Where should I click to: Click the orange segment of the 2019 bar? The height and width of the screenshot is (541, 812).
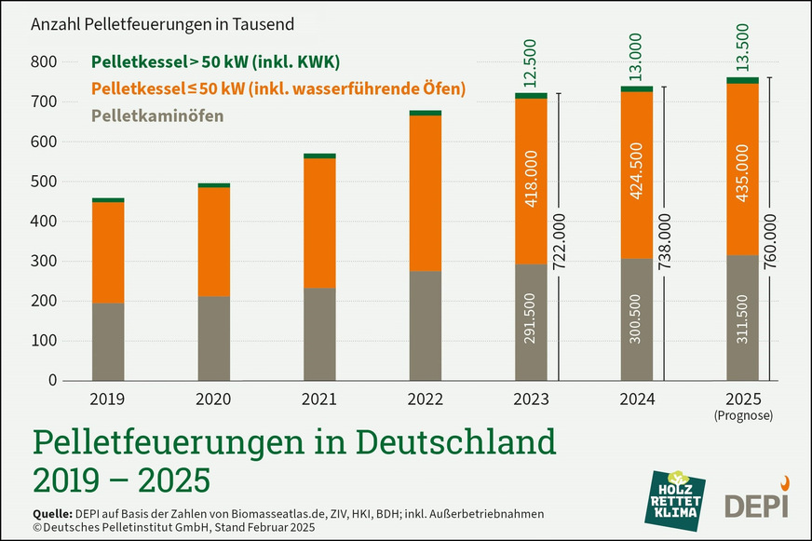tap(108, 252)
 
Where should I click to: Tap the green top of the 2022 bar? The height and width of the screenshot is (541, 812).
tap(425, 113)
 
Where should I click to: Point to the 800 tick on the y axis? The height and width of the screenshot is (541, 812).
tap(44, 62)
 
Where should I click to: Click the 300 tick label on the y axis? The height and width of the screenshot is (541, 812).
tap(44, 262)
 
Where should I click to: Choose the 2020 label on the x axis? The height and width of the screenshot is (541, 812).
tap(213, 399)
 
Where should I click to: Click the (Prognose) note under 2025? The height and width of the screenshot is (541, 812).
tap(743, 416)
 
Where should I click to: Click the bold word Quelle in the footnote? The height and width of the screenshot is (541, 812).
tap(53, 514)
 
